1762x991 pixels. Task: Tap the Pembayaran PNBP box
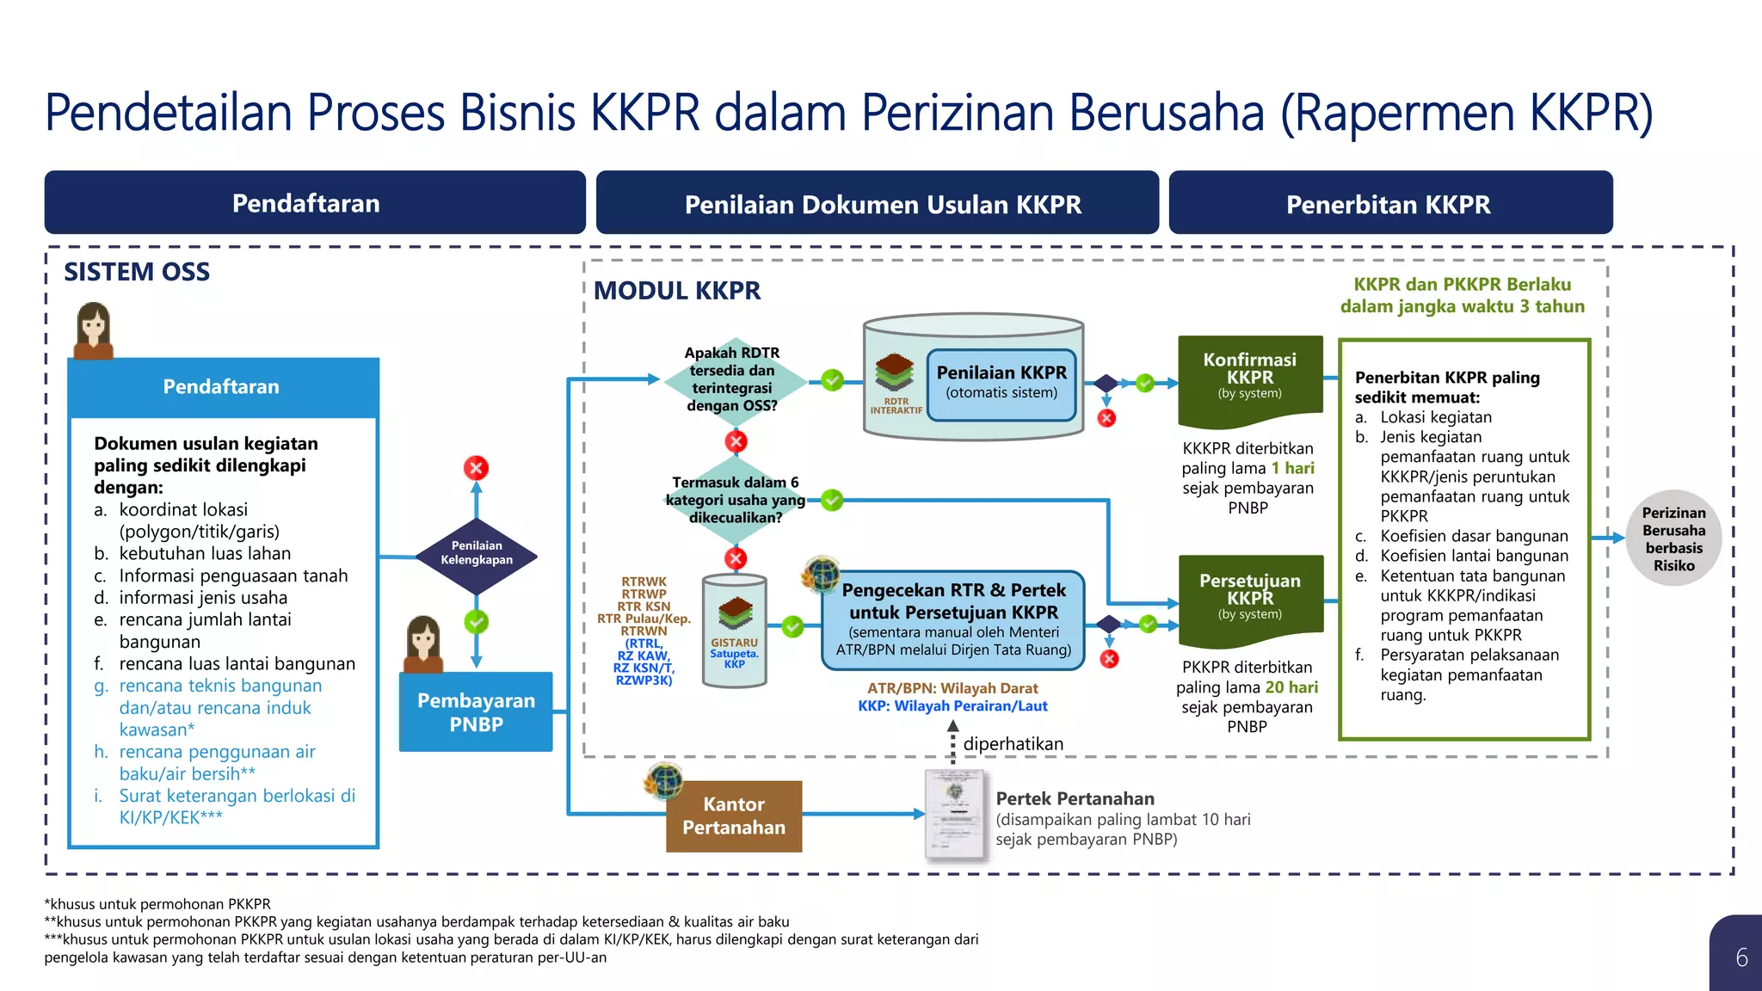(476, 711)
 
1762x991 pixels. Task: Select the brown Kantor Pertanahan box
(734, 816)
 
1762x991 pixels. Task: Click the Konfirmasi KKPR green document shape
(1249, 379)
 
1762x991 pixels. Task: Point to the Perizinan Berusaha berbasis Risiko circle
(1673, 539)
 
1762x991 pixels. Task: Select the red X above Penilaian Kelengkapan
(476, 468)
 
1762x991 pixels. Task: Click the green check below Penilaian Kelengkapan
(476, 621)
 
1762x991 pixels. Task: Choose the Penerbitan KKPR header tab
(1389, 204)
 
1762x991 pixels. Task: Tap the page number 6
(1741, 957)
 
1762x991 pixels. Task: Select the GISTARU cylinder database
(734, 631)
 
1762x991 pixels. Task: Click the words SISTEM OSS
(137, 272)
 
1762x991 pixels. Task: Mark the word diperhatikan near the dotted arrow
(1013, 743)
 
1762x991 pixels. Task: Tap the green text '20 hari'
(1291, 687)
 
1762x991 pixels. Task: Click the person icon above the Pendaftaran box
(94, 329)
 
